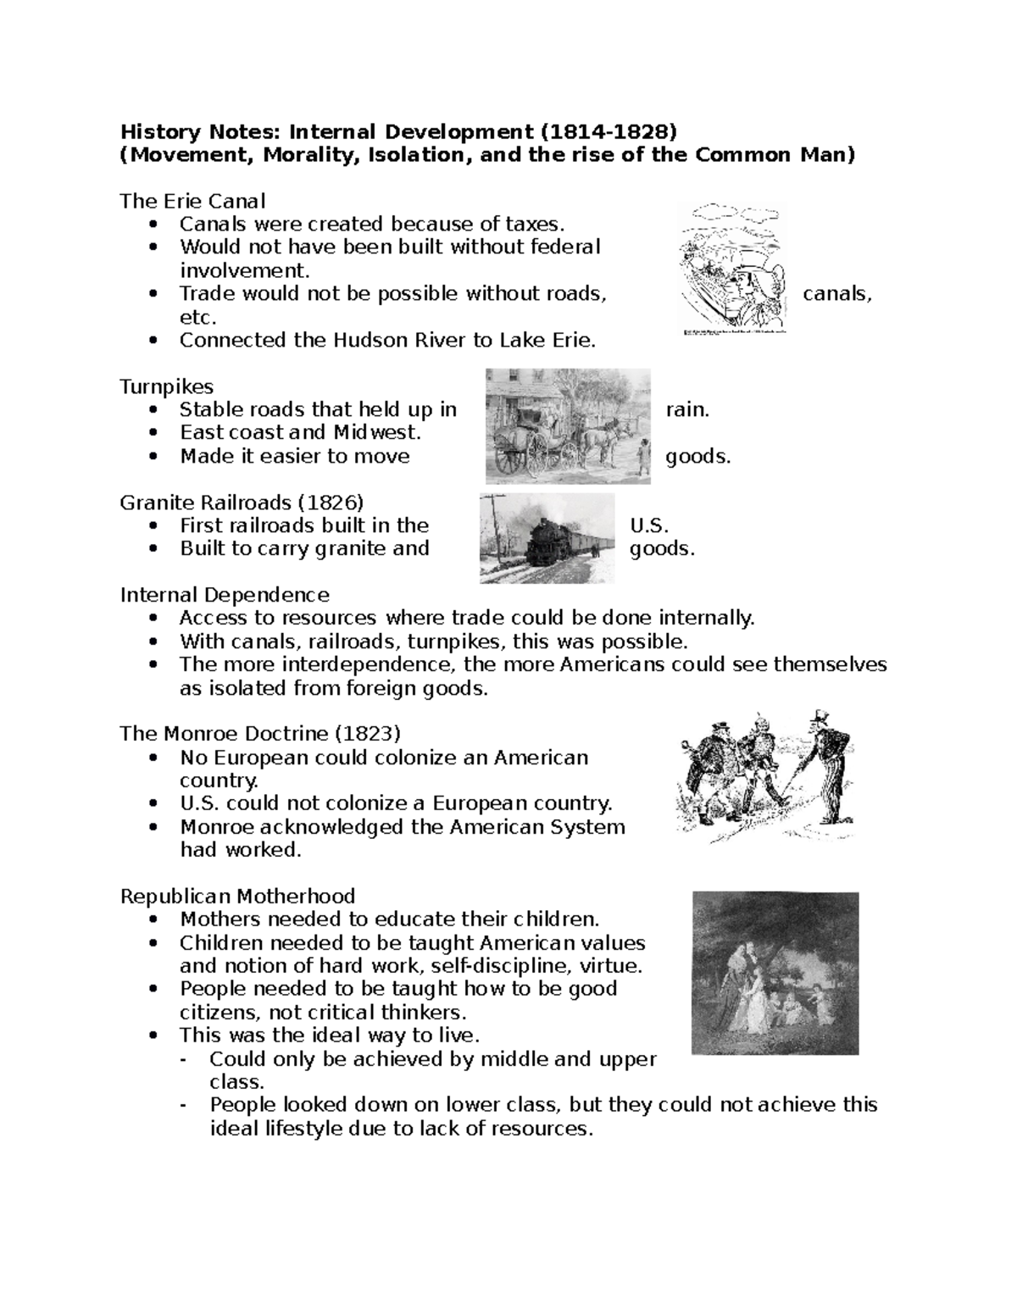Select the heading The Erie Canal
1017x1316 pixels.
pos(192,202)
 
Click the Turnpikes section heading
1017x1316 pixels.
pos(167,387)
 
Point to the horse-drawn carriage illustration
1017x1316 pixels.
pos(567,425)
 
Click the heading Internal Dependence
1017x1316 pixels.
pos(225,595)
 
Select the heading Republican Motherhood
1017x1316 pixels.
pos(237,897)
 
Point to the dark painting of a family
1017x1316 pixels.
pos(775,972)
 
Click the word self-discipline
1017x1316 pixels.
pos(492,966)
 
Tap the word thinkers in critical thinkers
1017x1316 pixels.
pos(423,1013)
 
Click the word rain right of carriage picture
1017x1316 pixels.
pos(686,410)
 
